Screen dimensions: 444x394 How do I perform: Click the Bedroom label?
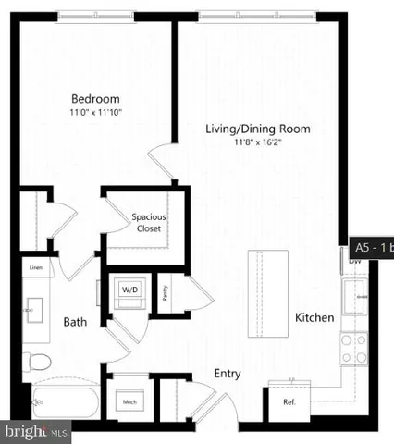(95, 99)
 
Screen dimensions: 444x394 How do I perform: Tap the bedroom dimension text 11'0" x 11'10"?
(95, 112)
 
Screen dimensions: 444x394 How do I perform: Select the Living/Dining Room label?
(257, 129)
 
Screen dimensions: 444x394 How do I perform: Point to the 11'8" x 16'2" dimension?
(257, 142)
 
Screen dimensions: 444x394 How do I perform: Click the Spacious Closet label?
(148, 223)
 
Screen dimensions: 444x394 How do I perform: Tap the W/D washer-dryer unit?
(128, 290)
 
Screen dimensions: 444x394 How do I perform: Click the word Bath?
(75, 323)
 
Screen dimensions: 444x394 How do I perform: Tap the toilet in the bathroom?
(36, 361)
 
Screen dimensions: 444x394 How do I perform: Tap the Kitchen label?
(314, 317)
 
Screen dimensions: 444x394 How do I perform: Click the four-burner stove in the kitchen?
(353, 349)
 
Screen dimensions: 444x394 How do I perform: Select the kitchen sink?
(355, 296)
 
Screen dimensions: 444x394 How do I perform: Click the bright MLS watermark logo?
(35, 431)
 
